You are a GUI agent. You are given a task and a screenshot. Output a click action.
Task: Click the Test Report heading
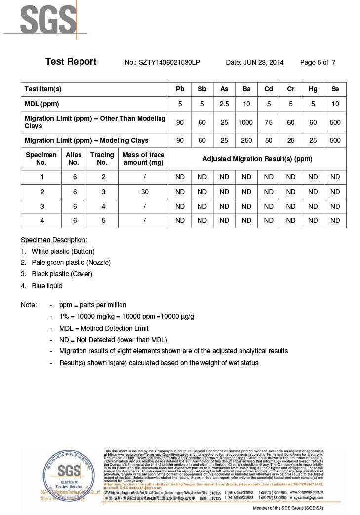71,62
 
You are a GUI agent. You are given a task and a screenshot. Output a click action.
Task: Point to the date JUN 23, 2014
255,63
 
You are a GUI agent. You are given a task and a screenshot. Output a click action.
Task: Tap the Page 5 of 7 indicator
318,63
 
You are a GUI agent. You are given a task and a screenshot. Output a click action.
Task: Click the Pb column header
180,89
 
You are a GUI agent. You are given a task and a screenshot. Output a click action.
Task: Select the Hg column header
313,89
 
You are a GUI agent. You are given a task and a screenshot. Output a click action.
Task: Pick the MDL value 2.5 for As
224,104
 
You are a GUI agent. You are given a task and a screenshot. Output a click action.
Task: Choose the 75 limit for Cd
269,122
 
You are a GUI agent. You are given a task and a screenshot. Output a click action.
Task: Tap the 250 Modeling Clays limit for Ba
246,141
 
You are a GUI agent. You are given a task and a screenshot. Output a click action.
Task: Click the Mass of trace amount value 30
143,192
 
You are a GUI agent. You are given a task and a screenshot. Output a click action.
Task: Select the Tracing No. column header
102,159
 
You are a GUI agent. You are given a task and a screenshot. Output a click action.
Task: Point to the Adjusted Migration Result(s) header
257,159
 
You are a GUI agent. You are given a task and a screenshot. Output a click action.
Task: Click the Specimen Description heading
54,240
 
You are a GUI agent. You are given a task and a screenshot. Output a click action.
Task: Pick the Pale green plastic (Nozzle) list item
71,262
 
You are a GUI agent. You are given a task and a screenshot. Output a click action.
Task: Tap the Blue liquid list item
47,286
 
